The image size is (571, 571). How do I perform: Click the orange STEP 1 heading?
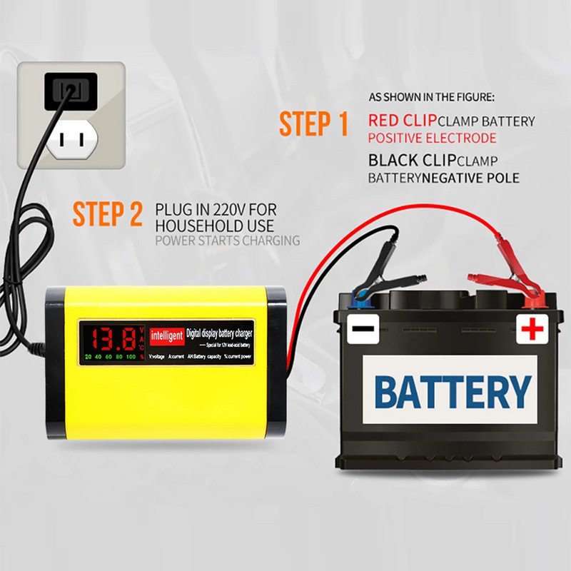click(313, 123)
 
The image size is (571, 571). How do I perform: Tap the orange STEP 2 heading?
click(107, 214)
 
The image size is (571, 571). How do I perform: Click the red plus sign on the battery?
click(532, 329)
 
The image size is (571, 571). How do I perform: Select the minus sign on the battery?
click(361, 330)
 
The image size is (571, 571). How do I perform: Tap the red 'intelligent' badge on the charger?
click(167, 333)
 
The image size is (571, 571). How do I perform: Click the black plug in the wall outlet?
click(71, 91)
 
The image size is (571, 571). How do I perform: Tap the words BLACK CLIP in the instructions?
click(412, 160)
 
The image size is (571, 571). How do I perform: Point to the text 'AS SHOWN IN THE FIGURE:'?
click(431, 96)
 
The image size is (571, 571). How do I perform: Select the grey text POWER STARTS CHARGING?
click(227, 241)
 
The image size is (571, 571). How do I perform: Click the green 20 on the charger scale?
click(87, 355)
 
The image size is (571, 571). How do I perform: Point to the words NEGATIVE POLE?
click(470, 178)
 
